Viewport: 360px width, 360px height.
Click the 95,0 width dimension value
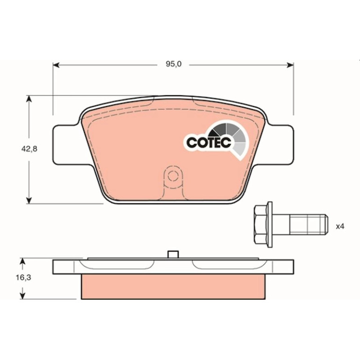click(x=173, y=65)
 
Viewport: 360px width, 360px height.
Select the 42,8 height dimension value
click(x=29, y=149)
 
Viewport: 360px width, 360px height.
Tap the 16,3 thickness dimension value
click(x=23, y=278)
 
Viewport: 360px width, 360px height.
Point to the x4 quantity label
click(x=340, y=227)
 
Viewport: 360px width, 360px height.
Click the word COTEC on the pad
click(x=209, y=143)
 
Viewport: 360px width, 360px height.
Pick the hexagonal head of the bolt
click(x=261, y=224)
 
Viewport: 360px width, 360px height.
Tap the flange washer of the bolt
click(x=270, y=224)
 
